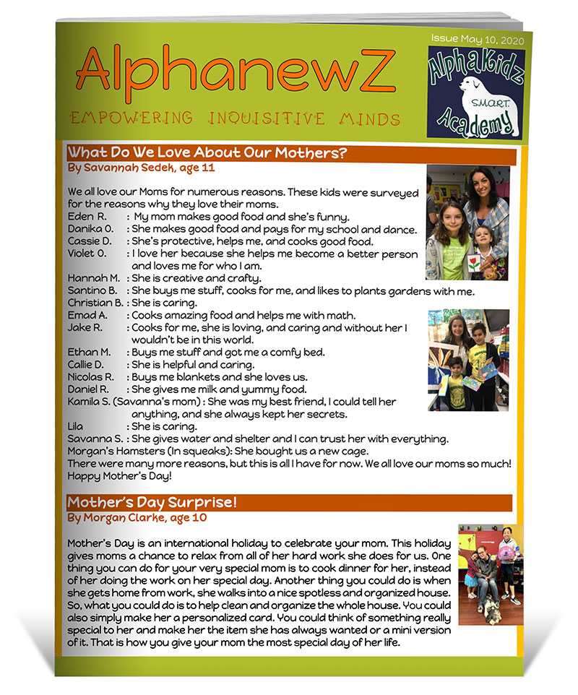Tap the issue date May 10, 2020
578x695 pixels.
click(x=478, y=38)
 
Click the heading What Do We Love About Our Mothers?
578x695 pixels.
click(x=208, y=153)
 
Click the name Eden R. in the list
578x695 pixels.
click(x=87, y=217)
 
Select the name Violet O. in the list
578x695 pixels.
click(x=87, y=254)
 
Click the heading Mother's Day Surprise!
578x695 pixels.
click(x=152, y=501)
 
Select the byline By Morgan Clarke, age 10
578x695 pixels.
click(x=138, y=517)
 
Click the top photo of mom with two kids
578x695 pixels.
click(x=467, y=223)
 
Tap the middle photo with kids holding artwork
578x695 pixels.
click(x=468, y=359)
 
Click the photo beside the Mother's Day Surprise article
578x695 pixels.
click(x=491, y=574)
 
